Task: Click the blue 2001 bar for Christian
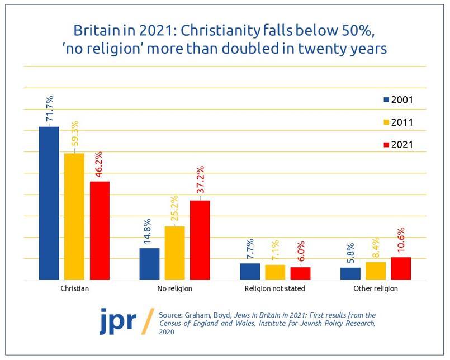point(49,203)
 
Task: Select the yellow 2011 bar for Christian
point(74,216)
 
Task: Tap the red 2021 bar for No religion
point(200,240)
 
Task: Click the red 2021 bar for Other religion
point(401,268)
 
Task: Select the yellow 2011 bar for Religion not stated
point(275,272)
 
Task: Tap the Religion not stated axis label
point(275,289)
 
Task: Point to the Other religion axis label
point(375,289)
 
